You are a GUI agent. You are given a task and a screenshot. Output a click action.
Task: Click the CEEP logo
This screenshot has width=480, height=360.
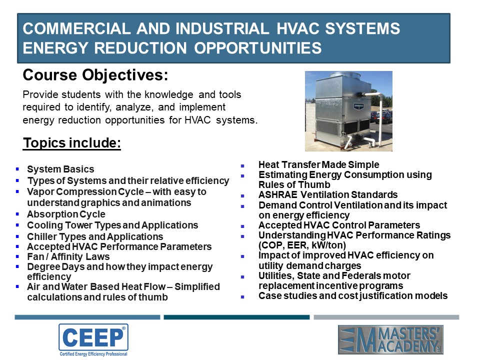93,340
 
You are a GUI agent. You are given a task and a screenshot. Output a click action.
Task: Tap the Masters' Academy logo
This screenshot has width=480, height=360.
390,340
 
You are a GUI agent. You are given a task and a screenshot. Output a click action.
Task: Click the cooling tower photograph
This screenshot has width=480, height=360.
348,111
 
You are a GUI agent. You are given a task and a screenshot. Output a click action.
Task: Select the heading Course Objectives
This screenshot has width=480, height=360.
95,75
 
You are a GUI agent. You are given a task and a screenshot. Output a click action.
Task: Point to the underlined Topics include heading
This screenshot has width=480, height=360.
72,143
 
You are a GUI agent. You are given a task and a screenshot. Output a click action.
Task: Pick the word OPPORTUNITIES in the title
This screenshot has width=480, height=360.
258,48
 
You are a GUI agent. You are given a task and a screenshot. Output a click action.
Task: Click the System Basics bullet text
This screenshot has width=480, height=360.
60,169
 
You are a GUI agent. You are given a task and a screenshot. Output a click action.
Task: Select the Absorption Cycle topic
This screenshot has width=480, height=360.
66,214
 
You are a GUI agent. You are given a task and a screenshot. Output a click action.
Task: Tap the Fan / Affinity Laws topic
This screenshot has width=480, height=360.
68,256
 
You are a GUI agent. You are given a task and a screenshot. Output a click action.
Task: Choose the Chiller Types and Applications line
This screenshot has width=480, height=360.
95,236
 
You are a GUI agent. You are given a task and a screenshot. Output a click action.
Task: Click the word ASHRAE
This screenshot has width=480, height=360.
278,194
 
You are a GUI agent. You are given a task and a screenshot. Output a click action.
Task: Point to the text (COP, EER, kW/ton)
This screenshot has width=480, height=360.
302,245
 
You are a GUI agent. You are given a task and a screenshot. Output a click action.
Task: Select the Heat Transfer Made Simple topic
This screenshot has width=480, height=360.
318,164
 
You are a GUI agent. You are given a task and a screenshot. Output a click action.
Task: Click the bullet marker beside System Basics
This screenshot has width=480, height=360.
17,169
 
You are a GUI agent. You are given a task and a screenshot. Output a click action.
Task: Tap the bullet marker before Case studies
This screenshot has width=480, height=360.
242,296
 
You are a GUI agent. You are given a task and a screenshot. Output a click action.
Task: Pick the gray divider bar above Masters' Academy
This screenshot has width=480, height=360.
386,317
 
